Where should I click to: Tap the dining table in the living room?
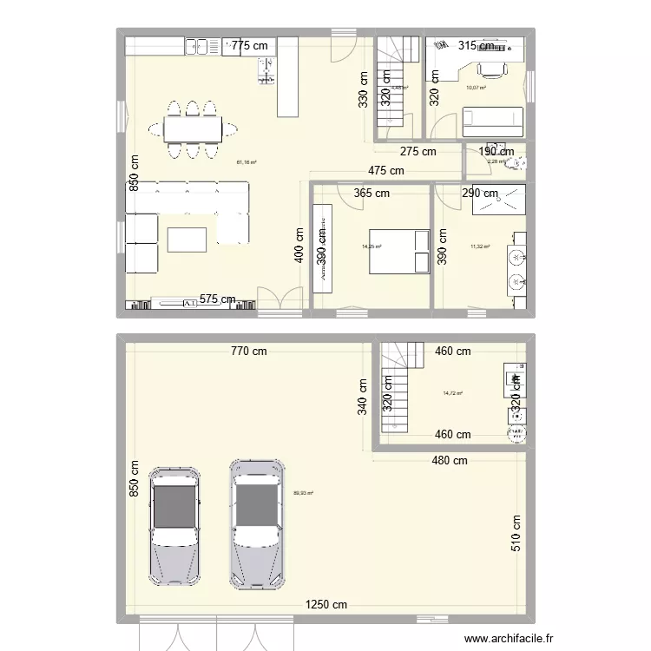coord(193,129)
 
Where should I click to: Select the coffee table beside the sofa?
coord(187,239)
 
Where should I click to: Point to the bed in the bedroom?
coord(398,252)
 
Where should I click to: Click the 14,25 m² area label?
coord(372,247)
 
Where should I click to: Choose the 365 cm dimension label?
coord(371,194)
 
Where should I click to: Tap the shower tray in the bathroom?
coord(498,201)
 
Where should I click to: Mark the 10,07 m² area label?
coord(476,88)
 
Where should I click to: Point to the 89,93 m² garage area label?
coord(304,493)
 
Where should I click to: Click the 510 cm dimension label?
coord(516,535)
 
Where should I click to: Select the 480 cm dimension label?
coord(449,460)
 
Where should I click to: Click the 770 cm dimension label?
coord(248,352)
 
